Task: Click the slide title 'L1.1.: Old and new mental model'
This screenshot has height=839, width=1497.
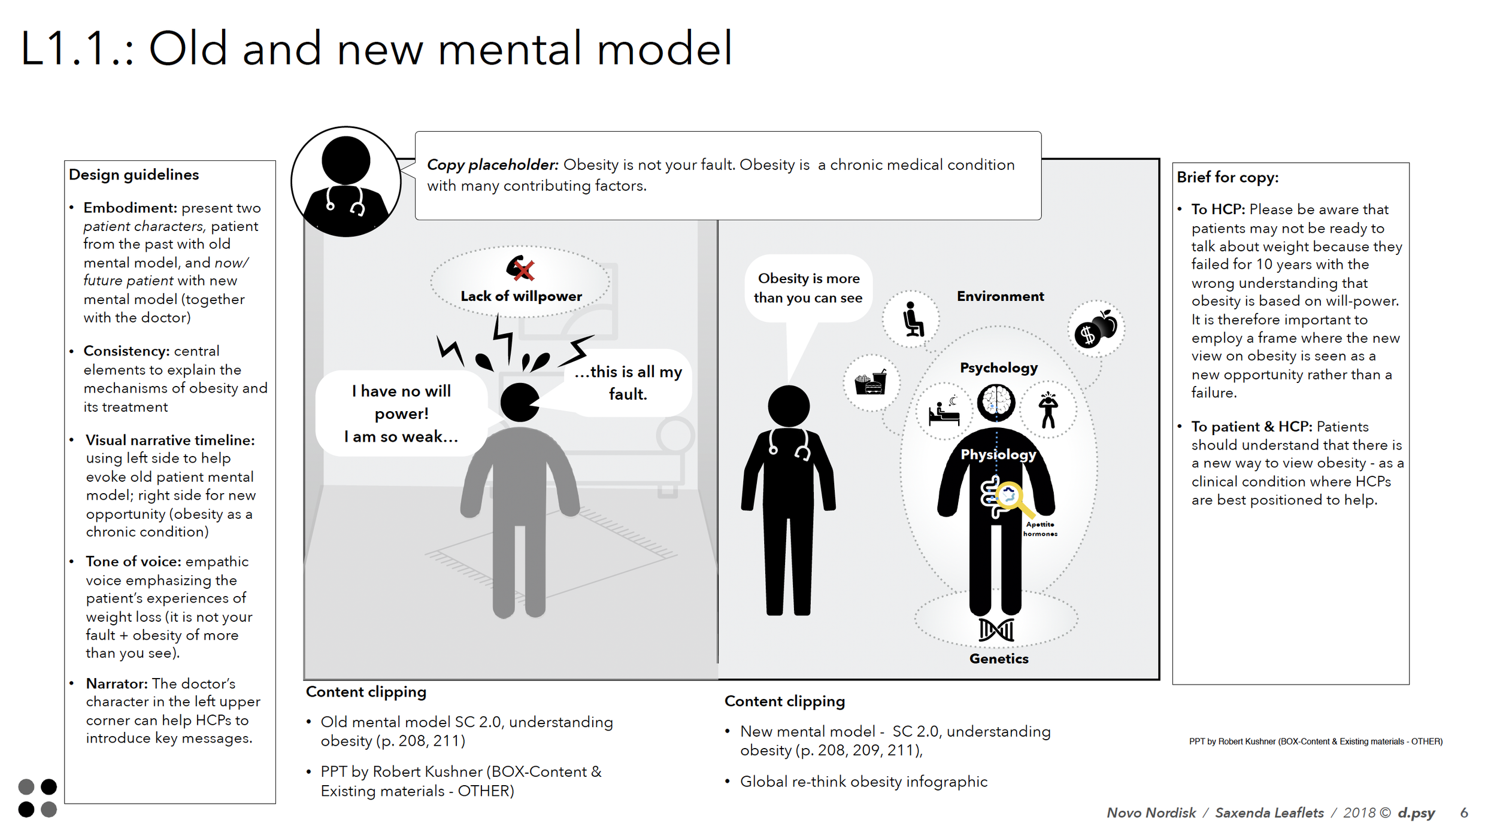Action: coord(376,49)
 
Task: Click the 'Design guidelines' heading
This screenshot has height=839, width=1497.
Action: coord(134,175)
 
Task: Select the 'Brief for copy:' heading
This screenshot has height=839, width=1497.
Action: coord(1227,177)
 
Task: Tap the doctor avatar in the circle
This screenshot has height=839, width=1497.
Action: coord(346,182)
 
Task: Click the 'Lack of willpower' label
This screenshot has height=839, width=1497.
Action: coord(521,296)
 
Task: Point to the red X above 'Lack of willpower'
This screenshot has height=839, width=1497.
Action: coord(523,270)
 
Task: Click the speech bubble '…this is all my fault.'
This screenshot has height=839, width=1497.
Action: coord(628,382)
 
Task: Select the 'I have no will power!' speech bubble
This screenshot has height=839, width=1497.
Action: coord(401,414)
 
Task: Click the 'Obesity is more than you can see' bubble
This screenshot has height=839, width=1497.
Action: coord(808,288)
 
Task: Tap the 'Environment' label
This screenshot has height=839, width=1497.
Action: coord(1000,296)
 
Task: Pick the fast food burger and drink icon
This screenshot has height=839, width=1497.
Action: coord(871,382)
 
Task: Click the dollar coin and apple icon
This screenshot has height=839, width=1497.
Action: coord(1095,329)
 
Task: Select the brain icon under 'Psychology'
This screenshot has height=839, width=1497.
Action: coord(996,402)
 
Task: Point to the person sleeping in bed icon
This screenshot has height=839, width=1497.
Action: coord(944,411)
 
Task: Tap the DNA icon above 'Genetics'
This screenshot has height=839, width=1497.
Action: coord(996,630)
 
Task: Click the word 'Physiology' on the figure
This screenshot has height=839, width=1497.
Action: coord(998,454)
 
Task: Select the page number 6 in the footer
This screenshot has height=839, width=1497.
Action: coord(1464,813)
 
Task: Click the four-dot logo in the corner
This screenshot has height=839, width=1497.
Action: coord(37,798)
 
